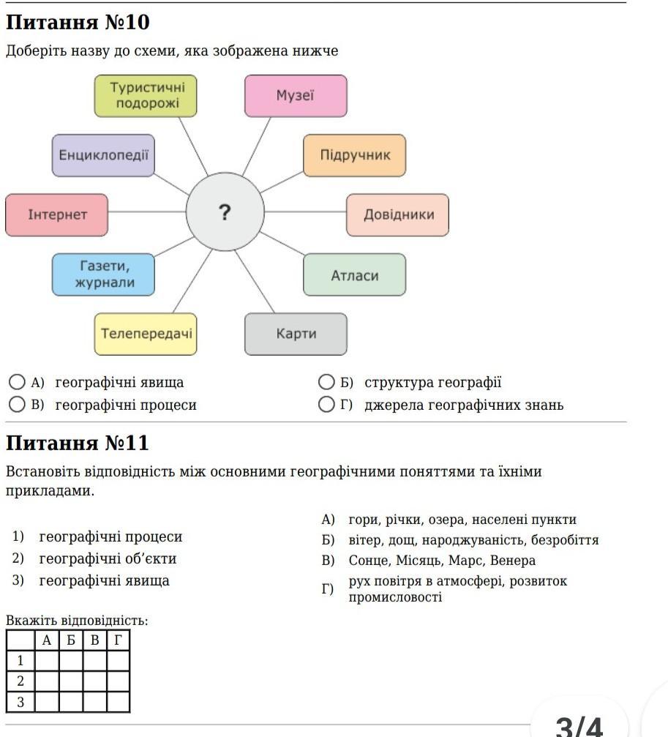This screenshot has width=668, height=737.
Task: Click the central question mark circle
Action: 225,212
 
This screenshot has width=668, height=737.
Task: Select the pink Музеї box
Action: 296,96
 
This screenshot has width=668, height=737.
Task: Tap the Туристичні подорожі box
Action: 146,96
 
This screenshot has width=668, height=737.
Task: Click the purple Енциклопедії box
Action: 103,155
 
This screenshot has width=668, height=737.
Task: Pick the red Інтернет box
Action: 57,215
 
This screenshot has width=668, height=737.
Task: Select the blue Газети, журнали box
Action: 103,274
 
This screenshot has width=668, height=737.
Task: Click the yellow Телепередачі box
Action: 146,334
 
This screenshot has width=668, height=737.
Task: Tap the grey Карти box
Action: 296,334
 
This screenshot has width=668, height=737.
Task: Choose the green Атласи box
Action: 354,275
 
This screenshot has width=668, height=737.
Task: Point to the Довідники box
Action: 397,215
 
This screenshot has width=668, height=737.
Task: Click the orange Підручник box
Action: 354,155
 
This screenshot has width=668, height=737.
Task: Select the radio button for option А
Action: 17,382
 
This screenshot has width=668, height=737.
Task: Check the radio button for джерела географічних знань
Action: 326,405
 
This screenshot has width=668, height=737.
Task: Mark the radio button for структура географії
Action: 326,382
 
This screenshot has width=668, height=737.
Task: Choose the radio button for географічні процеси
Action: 17,405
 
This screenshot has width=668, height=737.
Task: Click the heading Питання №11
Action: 78,443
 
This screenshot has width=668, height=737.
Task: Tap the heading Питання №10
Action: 78,22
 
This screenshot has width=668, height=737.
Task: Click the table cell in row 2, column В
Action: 95,681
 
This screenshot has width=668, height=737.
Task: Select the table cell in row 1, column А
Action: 47,661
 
